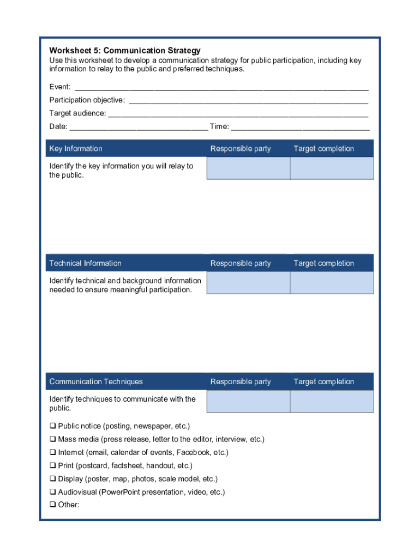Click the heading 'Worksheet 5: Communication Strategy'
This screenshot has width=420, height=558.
pos(125,51)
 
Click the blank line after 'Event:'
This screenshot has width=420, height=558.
pos(221,87)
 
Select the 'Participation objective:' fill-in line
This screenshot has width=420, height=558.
pos(248,101)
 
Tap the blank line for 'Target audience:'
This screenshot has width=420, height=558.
pos(238,114)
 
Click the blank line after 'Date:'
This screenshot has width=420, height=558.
pos(139,128)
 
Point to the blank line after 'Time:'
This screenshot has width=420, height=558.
pos(300,128)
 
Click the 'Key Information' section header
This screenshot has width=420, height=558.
pos(76,149)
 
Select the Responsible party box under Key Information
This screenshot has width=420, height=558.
pos(248,168)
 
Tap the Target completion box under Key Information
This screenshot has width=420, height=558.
pos(332,168)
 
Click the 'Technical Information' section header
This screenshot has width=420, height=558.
pos(85,263)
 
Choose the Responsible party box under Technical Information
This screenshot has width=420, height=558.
pos(248,283)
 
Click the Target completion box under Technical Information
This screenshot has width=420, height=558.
pos(332,283)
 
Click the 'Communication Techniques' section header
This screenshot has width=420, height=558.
pos(96,381)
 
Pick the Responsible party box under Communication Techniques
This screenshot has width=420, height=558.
pos(248,402)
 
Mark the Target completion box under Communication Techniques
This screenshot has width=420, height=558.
pos(332,402)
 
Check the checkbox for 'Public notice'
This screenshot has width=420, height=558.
pos(53,426)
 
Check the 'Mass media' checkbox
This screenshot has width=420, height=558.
pos(53,439)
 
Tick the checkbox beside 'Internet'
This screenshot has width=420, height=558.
pos(53,452)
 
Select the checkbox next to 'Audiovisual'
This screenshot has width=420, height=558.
pos(53,492)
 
